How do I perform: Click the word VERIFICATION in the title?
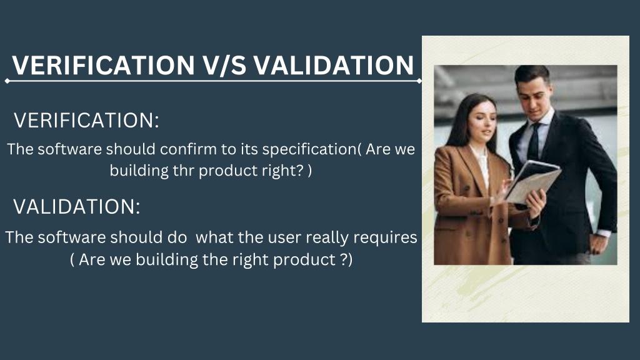(103, 65)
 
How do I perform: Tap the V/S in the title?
(224, 65)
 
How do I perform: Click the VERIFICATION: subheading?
(86, 121)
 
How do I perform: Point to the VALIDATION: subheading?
(77, 206)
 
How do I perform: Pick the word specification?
(309, 150)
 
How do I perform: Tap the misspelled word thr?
(183, 170)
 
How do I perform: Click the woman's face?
(482, 121)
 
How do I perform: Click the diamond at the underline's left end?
(7, 81)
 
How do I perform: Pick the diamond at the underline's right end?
(419, 81)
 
